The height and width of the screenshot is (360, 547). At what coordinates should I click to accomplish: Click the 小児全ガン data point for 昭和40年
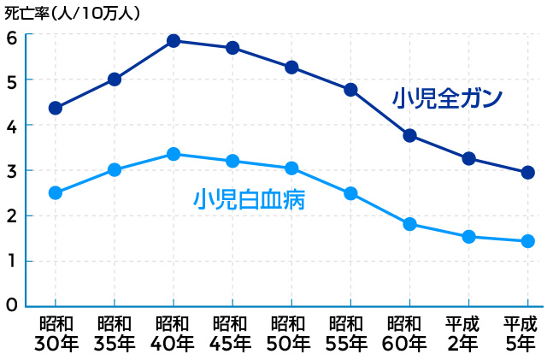pyautogui.click(x=174, y=40)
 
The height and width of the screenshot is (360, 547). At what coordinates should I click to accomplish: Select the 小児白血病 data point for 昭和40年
pyautogui.click(x=174, y=154)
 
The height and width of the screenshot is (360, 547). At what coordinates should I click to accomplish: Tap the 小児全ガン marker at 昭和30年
pyautogui.click(x=56, y=108)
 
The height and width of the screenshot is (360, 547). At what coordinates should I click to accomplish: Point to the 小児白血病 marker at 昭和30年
pyautogui.click(x=56, y=192)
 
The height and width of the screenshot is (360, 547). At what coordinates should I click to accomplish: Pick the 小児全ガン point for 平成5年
pyautogui.click(x=527, y=172)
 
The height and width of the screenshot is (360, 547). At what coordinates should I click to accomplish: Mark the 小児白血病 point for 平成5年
pyautogui.click(x=527, y=241)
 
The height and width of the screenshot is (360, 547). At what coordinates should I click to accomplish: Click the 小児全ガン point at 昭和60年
pyautogui.click(x=409, y=135)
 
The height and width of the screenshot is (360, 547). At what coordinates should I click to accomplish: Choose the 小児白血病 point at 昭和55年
pyautogui.click(x=350, y=193)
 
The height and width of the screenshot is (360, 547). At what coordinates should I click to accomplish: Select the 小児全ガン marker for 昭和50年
pyautogui.click(x=291, y=67)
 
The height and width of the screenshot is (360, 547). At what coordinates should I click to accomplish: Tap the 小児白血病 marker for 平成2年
pyautogui.click(x=468, y=236)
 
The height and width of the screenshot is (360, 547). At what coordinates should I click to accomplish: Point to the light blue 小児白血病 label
pyautogui.click(x=250, y=200)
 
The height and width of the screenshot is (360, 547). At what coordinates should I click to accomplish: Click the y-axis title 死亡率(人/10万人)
pyautogui.click(x=73, y=13)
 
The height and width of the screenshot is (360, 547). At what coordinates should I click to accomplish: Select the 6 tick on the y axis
pyautogui.click(x=12, y=37)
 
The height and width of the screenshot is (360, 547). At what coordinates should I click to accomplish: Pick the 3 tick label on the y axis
pyautogui.click(x=12, y=171)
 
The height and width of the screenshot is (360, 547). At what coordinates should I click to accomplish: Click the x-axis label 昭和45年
pyautogui.click(x=232, y=334)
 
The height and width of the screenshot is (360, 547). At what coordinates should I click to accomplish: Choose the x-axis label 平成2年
pyautogui.click(x=468, y=334)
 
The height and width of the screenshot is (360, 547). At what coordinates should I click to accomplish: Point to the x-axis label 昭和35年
pyautogui.click(x=114, y=334)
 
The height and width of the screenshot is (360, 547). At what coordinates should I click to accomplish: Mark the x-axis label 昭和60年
pyautogui.click(x=409, y=334)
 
